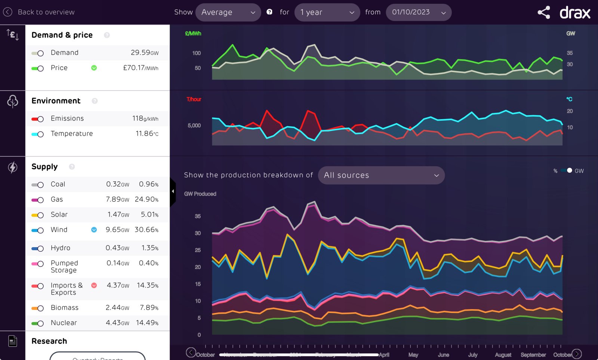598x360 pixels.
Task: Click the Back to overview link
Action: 39,12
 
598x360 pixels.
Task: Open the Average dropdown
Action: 228,12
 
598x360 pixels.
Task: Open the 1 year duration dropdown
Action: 327,12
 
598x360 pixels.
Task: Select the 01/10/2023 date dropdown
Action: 419,12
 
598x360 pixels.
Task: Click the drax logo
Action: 575,13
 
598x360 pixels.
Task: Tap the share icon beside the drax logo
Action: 544,12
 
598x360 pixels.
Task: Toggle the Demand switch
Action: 38,53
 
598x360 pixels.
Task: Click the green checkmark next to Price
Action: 94,68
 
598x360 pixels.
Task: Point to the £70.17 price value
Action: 140,68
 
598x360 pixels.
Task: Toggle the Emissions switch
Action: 38,119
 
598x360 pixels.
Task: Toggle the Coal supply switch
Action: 38,185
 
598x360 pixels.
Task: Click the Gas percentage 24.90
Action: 147,199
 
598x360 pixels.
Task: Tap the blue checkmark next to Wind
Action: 94,230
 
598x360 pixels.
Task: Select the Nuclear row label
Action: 64,323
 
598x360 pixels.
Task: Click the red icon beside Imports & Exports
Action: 94,285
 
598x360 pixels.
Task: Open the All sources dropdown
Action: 381,175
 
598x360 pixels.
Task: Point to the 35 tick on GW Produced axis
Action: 198,216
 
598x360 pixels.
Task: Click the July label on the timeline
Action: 473,355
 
